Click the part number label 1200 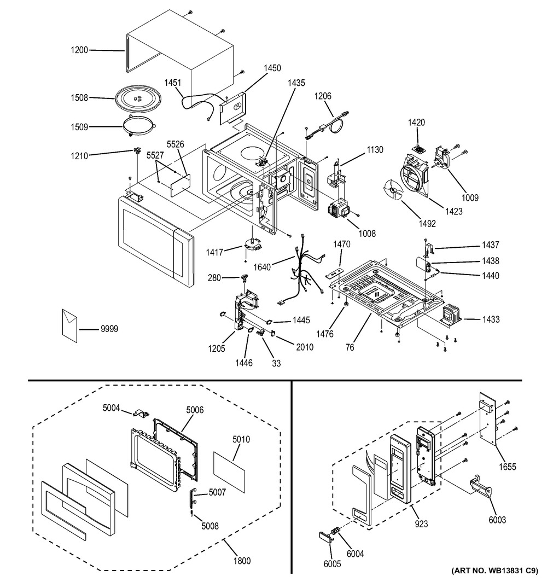[x=79, y=50]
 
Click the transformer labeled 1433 [x=451, y=313]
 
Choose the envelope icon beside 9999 [x=69, y=325]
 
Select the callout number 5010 [x=241, y=439]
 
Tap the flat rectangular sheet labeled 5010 [x=229, y=472]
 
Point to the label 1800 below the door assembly [x=242, y=561]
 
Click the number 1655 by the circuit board [x=507, y=467]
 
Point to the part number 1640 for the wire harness [x=262, y=267]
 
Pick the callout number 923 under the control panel [x=421, y=524]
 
